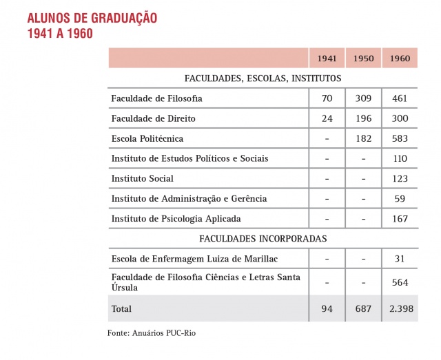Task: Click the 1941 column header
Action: (327, 59)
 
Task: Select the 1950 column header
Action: (363, 59)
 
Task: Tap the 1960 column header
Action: (400, 59)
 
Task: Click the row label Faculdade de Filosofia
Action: (156, 98)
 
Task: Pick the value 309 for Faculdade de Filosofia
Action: (363, 98)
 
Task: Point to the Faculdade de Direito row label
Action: (154, 118)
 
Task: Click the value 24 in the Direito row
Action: (327, 118)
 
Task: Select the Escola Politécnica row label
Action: (147, 138)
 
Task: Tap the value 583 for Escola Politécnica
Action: (400, 138)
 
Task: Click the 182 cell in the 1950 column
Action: (363, 138)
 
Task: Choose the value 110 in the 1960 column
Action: (400, 158)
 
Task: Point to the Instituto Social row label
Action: (142, 178)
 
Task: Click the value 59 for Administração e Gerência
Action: (400, 199)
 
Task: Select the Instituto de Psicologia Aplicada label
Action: (176, 219)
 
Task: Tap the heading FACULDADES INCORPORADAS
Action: (263, 239)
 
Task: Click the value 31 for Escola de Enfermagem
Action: (400, 259)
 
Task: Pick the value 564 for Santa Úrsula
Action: (400, 282)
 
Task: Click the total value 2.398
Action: (400, 309)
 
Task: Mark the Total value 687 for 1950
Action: (363, 309)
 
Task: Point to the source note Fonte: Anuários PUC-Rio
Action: (156, 332)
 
